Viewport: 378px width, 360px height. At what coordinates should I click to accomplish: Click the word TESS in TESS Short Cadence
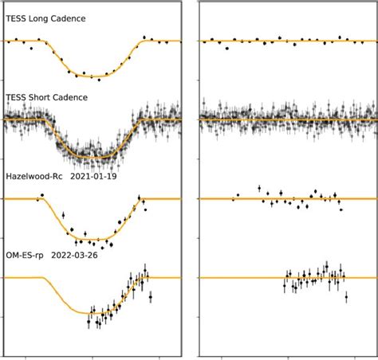pyautogui.click(x=16, y=98)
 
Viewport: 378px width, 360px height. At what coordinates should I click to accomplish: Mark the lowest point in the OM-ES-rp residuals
pyautogui.click(x=346, y=297)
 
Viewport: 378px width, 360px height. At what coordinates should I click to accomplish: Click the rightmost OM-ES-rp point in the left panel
pyautogui.click(x=151, y=296)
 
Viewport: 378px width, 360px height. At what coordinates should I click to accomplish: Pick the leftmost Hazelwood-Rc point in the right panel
pyautogui.click(x=233, y=198)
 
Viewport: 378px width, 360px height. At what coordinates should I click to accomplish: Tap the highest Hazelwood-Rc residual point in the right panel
pyautogui.click(x=260, y=188)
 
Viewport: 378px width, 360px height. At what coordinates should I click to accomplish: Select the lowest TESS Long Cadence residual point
pyautogui.click(x=227, y=48)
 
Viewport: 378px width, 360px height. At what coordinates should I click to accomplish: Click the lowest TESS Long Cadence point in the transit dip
pyautogui.click(x=97, y=79)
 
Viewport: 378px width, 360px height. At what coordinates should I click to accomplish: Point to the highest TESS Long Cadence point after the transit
pyautogui.click(x=144, y=37)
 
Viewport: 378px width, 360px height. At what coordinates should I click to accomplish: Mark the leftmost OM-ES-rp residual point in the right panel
pyautogui.click(x=284, y=284)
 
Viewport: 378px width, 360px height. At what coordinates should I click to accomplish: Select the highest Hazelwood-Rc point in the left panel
pyautogui.click(x=41, y=195)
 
